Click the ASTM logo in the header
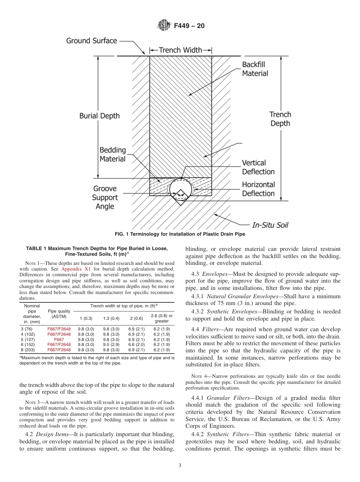point(164,26)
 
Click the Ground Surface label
point(92,41)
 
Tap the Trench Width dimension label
point(180,50)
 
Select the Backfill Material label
point(255,69)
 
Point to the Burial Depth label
point(100,116)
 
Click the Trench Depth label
point(280,119)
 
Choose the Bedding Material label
point(113,155)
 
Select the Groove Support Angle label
point(105,197)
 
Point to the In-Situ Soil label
point(270,225)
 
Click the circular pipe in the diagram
point(180,188)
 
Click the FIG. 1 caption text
point(180,234)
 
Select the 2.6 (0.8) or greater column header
point(162,318)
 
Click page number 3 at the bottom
point(180,466)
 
